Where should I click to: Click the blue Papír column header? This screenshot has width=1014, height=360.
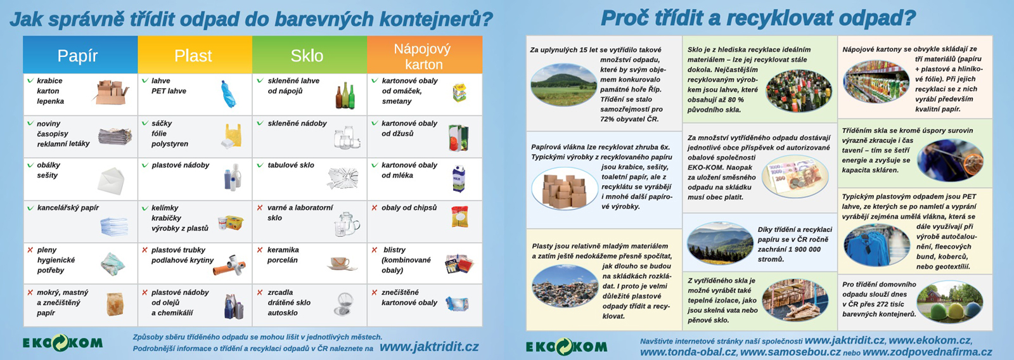(x=80, y=55)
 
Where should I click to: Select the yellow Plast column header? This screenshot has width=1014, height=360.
(x=195, y=55)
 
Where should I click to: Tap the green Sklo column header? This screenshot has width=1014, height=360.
(x=310, y=55)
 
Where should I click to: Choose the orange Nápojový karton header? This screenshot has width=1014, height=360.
(x=425, y=55)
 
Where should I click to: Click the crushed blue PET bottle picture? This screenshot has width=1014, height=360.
(x=229, y=94)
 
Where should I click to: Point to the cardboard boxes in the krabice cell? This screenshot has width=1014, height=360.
(x=112, y=92)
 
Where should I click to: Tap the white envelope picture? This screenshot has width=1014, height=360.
(x=111, y=181)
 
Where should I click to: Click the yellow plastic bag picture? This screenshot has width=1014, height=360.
(x=232, y=136)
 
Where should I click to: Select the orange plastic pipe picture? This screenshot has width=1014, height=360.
(x=229, y=265)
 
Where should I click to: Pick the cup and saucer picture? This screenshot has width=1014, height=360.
(x=342, y=264)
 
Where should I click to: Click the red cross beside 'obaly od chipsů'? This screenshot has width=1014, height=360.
(x=375, y=208)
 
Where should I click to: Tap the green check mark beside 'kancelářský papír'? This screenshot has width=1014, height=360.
(x=30, y=208)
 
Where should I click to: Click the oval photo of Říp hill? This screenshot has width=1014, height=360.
(x=564, y=85)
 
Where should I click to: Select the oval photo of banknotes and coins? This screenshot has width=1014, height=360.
(x=795, y=176)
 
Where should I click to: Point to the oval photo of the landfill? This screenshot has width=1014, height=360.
(x=565, y=286)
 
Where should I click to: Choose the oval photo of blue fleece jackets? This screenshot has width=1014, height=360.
(x=876, y=245)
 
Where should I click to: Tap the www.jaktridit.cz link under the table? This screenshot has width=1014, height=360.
(x=428, y=347)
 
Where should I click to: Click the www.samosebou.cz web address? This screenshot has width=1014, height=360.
(x=790, y=352)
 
